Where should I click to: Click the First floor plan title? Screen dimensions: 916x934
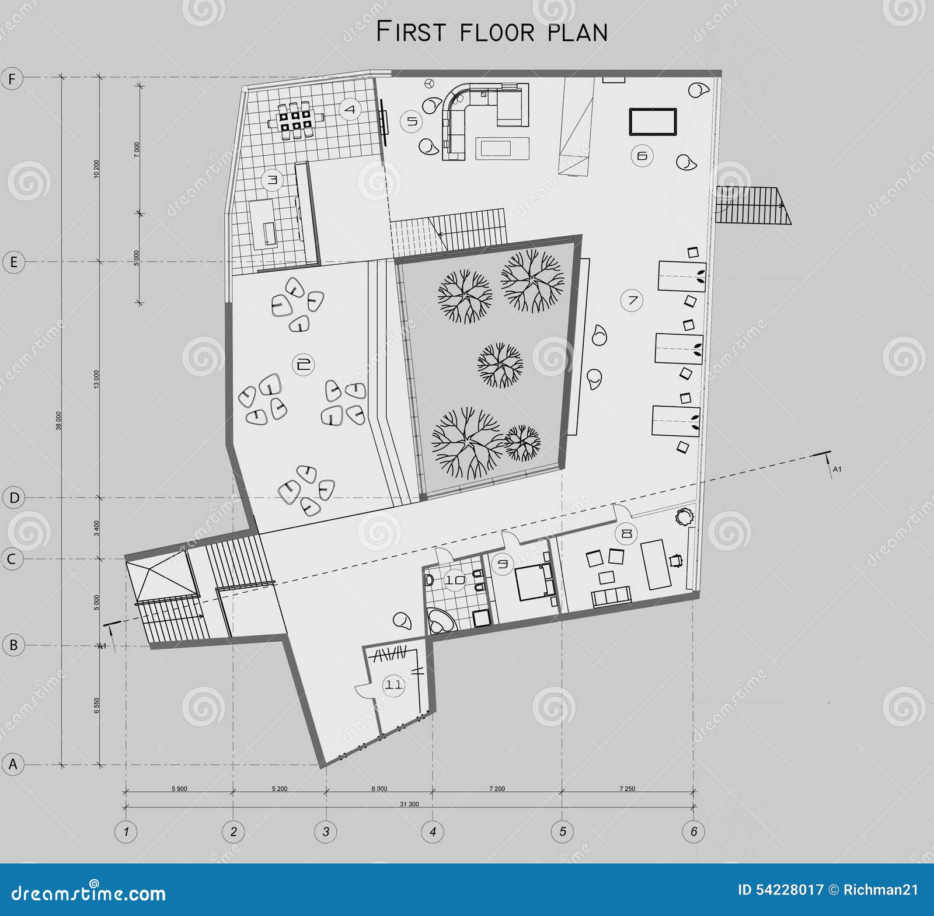[492, 32]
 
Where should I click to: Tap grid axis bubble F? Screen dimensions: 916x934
[12, 78]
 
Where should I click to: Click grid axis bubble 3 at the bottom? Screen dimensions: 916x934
[326, 831]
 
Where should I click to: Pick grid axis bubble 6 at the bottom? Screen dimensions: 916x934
[693, 831]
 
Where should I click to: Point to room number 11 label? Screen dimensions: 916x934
[393, 684]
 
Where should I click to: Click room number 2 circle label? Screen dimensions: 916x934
[302, 365]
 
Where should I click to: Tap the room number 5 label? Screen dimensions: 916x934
[412, 121]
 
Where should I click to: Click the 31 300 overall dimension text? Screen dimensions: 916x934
[409, 804]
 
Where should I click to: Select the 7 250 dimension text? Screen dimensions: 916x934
[627, 789]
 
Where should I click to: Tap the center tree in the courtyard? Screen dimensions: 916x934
[500, 365]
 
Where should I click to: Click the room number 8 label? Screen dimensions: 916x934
[627, 533]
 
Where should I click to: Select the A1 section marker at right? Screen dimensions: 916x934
[836, 469]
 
